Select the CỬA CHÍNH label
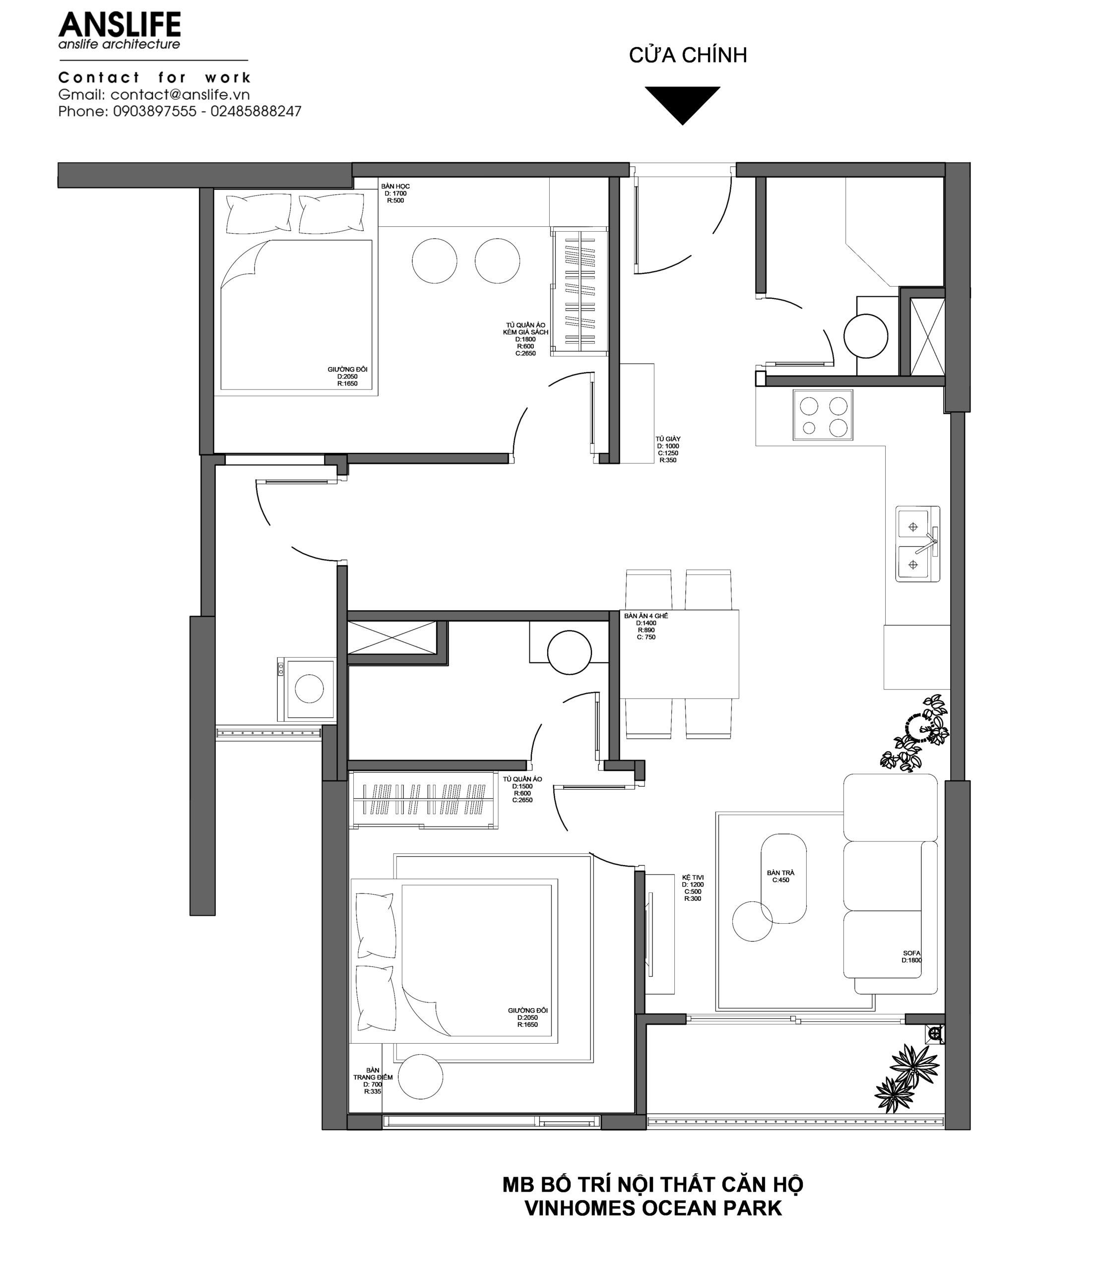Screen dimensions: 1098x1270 (688, 55)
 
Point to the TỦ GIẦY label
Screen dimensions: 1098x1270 (668, 439)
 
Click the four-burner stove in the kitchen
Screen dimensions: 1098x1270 (823, 415)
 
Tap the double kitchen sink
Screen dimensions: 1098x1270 (918, 544)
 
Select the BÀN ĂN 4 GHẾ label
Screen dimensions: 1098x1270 (646, 615)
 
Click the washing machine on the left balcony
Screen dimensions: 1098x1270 (307, 689)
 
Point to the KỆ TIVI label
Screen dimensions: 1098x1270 (693, 878)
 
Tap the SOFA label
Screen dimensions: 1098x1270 (911, 953)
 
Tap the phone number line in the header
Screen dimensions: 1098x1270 (180, 112)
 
